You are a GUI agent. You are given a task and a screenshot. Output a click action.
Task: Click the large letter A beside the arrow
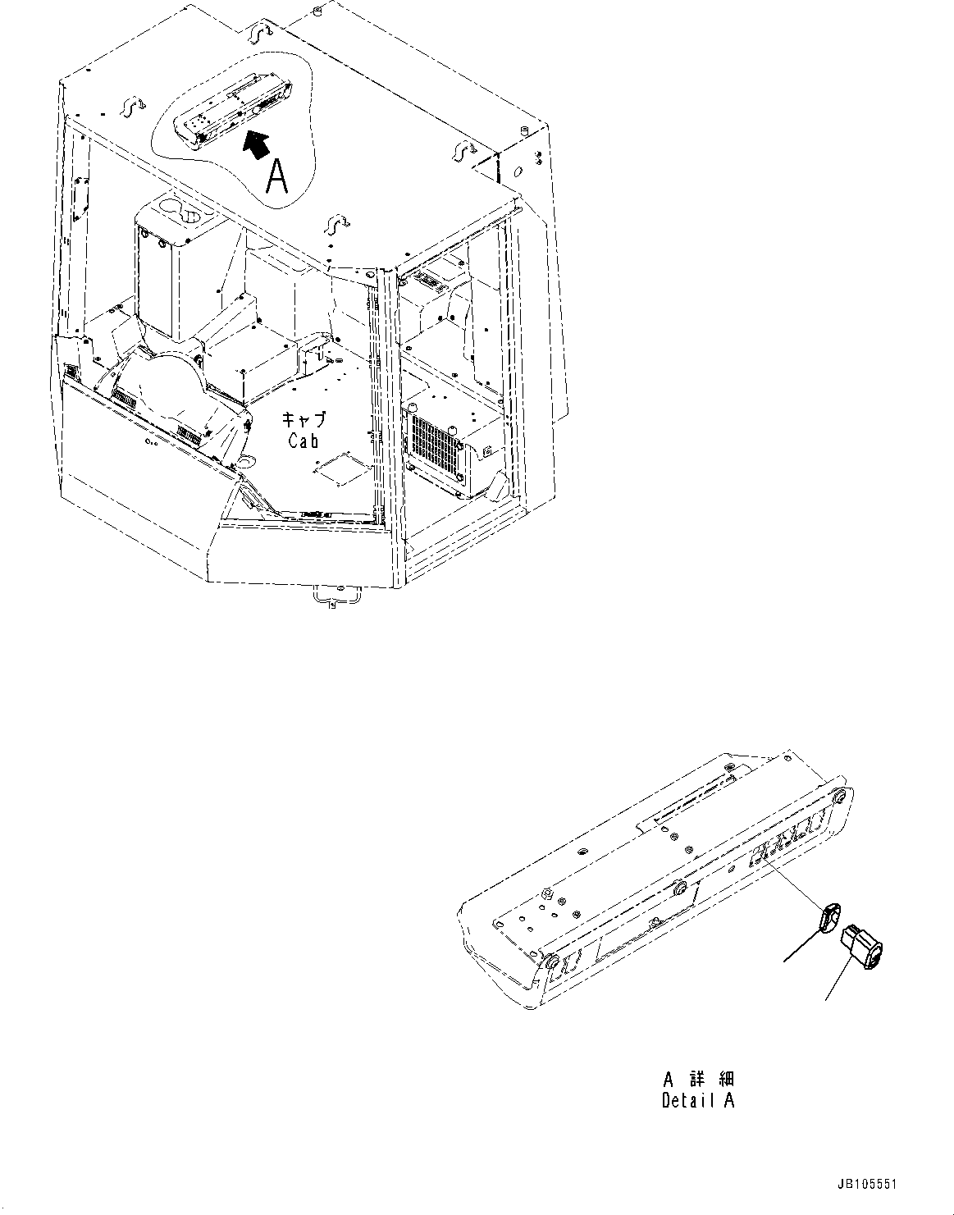pos(277,176)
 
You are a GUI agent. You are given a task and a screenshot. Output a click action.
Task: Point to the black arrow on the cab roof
pos(257,143)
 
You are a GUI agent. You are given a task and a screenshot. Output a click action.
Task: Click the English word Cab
pos(304,441)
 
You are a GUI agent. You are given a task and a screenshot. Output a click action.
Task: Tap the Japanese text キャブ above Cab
pos(304,419)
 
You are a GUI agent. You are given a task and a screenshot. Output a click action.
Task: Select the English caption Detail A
pos(698,1101)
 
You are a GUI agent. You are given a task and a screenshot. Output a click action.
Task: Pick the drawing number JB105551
pos(869,1185)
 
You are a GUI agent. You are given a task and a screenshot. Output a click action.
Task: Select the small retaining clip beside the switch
pos(829,916)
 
